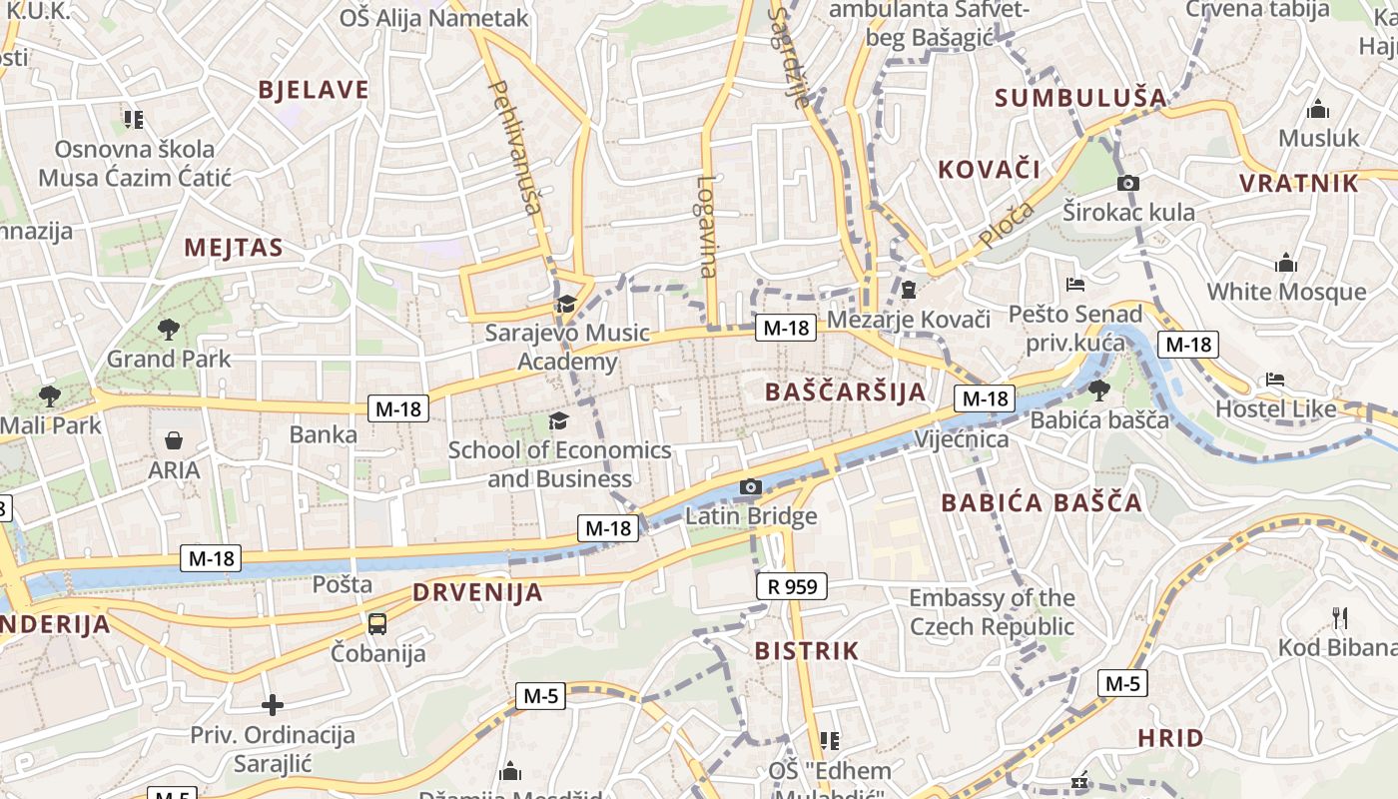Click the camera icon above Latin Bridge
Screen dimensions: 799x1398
[x=751, y=487]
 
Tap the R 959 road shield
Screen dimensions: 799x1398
[x=792, y=586]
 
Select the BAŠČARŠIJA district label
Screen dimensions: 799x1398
[x=846, y=392]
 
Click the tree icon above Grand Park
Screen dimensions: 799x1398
[x=169, y=329]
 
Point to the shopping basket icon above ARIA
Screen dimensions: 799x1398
[x=174, y=440]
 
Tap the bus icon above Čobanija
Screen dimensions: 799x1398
[x=377, y=624]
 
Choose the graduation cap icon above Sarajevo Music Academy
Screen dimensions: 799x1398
[x=566, y=304]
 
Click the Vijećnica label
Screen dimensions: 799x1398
[x=962, y=439]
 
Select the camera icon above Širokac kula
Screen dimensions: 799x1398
[x=1128, y=183]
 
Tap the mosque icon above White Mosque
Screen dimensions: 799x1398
[x=1286, y=263]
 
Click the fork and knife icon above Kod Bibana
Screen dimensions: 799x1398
[x=1340, y=618]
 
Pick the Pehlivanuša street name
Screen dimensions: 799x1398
[x=514, y=148]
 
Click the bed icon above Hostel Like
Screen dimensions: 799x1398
[x=1275, y=380]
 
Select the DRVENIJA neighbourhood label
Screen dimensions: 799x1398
[x=478, y=592]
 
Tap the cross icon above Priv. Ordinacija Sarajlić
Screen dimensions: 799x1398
[x=273, y=706]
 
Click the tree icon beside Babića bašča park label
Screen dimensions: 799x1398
[x=1098, y=390]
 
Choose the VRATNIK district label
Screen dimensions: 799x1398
[x=1299, y=183]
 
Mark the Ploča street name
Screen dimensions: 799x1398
[x=1006, y=225]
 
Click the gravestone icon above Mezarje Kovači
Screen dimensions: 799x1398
[x=909, y=290]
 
